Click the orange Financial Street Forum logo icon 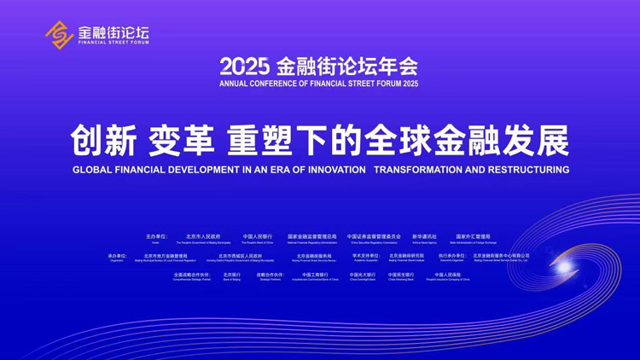[x=59, y=34]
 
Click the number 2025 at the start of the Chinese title [x=244, y=67]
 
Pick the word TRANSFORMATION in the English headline [x=418, y=170]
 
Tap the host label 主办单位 [x=156, y=236]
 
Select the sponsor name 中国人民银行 [x=258, y=236]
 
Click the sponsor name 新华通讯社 [x=424, y=236]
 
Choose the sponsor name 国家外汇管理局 [x=473, y=236]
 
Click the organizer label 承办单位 [x=118, y=255]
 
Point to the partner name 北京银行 [x=231, y=275]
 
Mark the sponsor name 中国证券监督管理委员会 [x=374, y=236]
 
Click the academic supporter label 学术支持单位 [x=366, y=255]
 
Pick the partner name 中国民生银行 [x=401, y=275]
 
